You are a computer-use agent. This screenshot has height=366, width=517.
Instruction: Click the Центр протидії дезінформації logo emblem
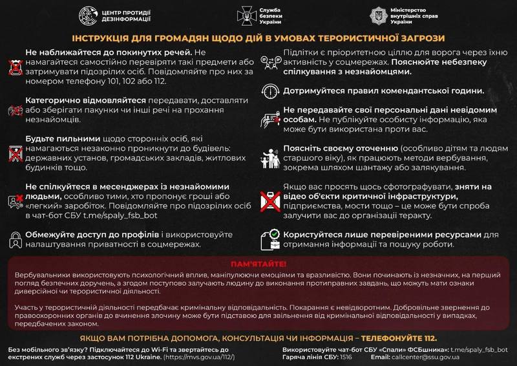coord(90,16)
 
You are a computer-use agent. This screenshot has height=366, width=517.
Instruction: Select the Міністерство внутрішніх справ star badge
coord(378,16)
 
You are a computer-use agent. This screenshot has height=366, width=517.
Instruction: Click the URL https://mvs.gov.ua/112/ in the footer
coord(200,358)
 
